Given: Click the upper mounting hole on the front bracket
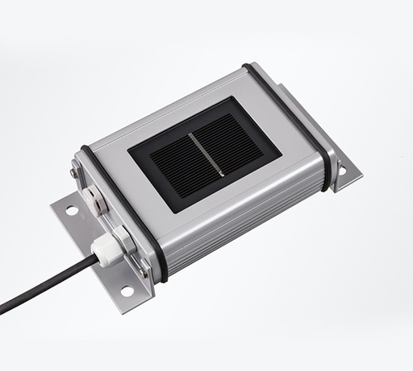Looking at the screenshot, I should tap(72, 210).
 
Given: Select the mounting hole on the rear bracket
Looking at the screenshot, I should tap(342, 171).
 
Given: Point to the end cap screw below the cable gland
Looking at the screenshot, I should tap(144, 272).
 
